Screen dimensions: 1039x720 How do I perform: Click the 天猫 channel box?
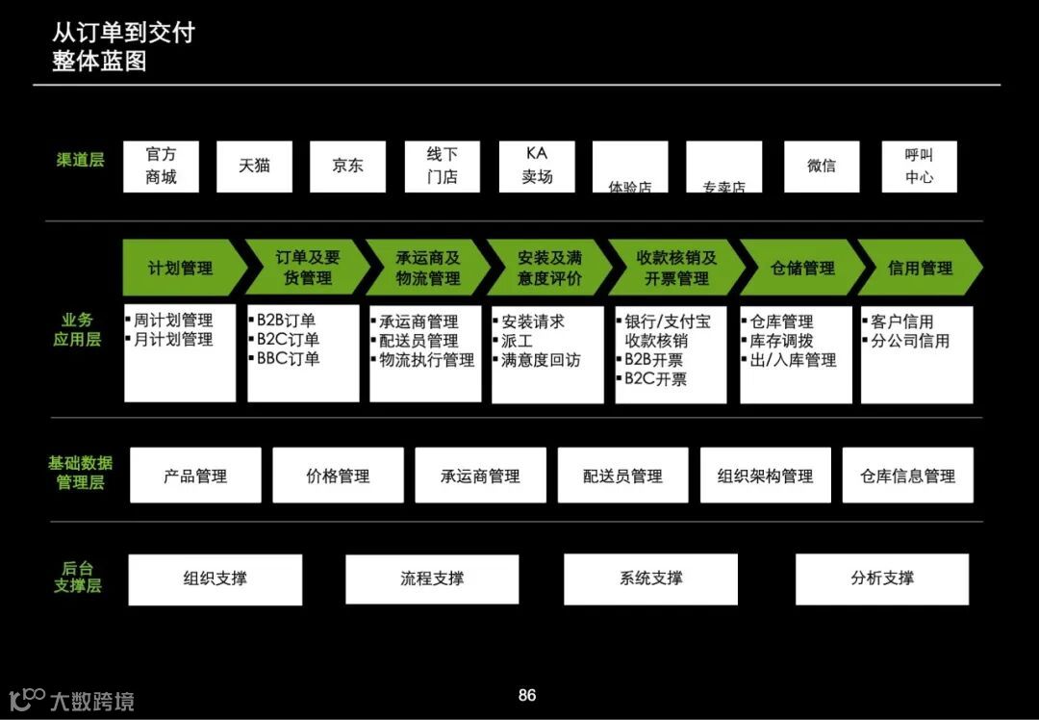coord(254,167)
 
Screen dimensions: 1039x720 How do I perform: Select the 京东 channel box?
coord(347,167)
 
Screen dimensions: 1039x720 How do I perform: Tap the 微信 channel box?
coord(822,167)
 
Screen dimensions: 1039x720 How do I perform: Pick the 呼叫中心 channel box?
coord(919,167)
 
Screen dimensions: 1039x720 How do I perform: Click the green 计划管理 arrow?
coord(181,268)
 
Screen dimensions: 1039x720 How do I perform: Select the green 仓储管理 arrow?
coord(801,268)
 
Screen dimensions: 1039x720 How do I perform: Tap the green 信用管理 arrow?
coord(920,268)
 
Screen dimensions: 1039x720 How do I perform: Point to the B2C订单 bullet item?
coord(288,340)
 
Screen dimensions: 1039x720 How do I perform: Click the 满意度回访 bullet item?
coord(542,360)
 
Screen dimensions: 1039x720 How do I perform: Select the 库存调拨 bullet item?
coord(781,341)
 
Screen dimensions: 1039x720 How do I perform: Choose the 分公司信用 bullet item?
coord(909,341)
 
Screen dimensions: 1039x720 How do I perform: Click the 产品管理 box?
coord(195,476)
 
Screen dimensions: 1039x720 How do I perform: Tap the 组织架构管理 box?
coord(765,476)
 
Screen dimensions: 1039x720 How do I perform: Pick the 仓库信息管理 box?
coord(907,476)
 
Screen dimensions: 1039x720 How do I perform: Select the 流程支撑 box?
coord(432,579)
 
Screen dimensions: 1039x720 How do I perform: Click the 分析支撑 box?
coord(882,579)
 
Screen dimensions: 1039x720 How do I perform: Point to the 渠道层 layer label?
coord(80,160)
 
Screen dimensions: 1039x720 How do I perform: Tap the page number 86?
coord(527,695)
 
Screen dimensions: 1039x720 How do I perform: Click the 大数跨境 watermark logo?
coord(72,700)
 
